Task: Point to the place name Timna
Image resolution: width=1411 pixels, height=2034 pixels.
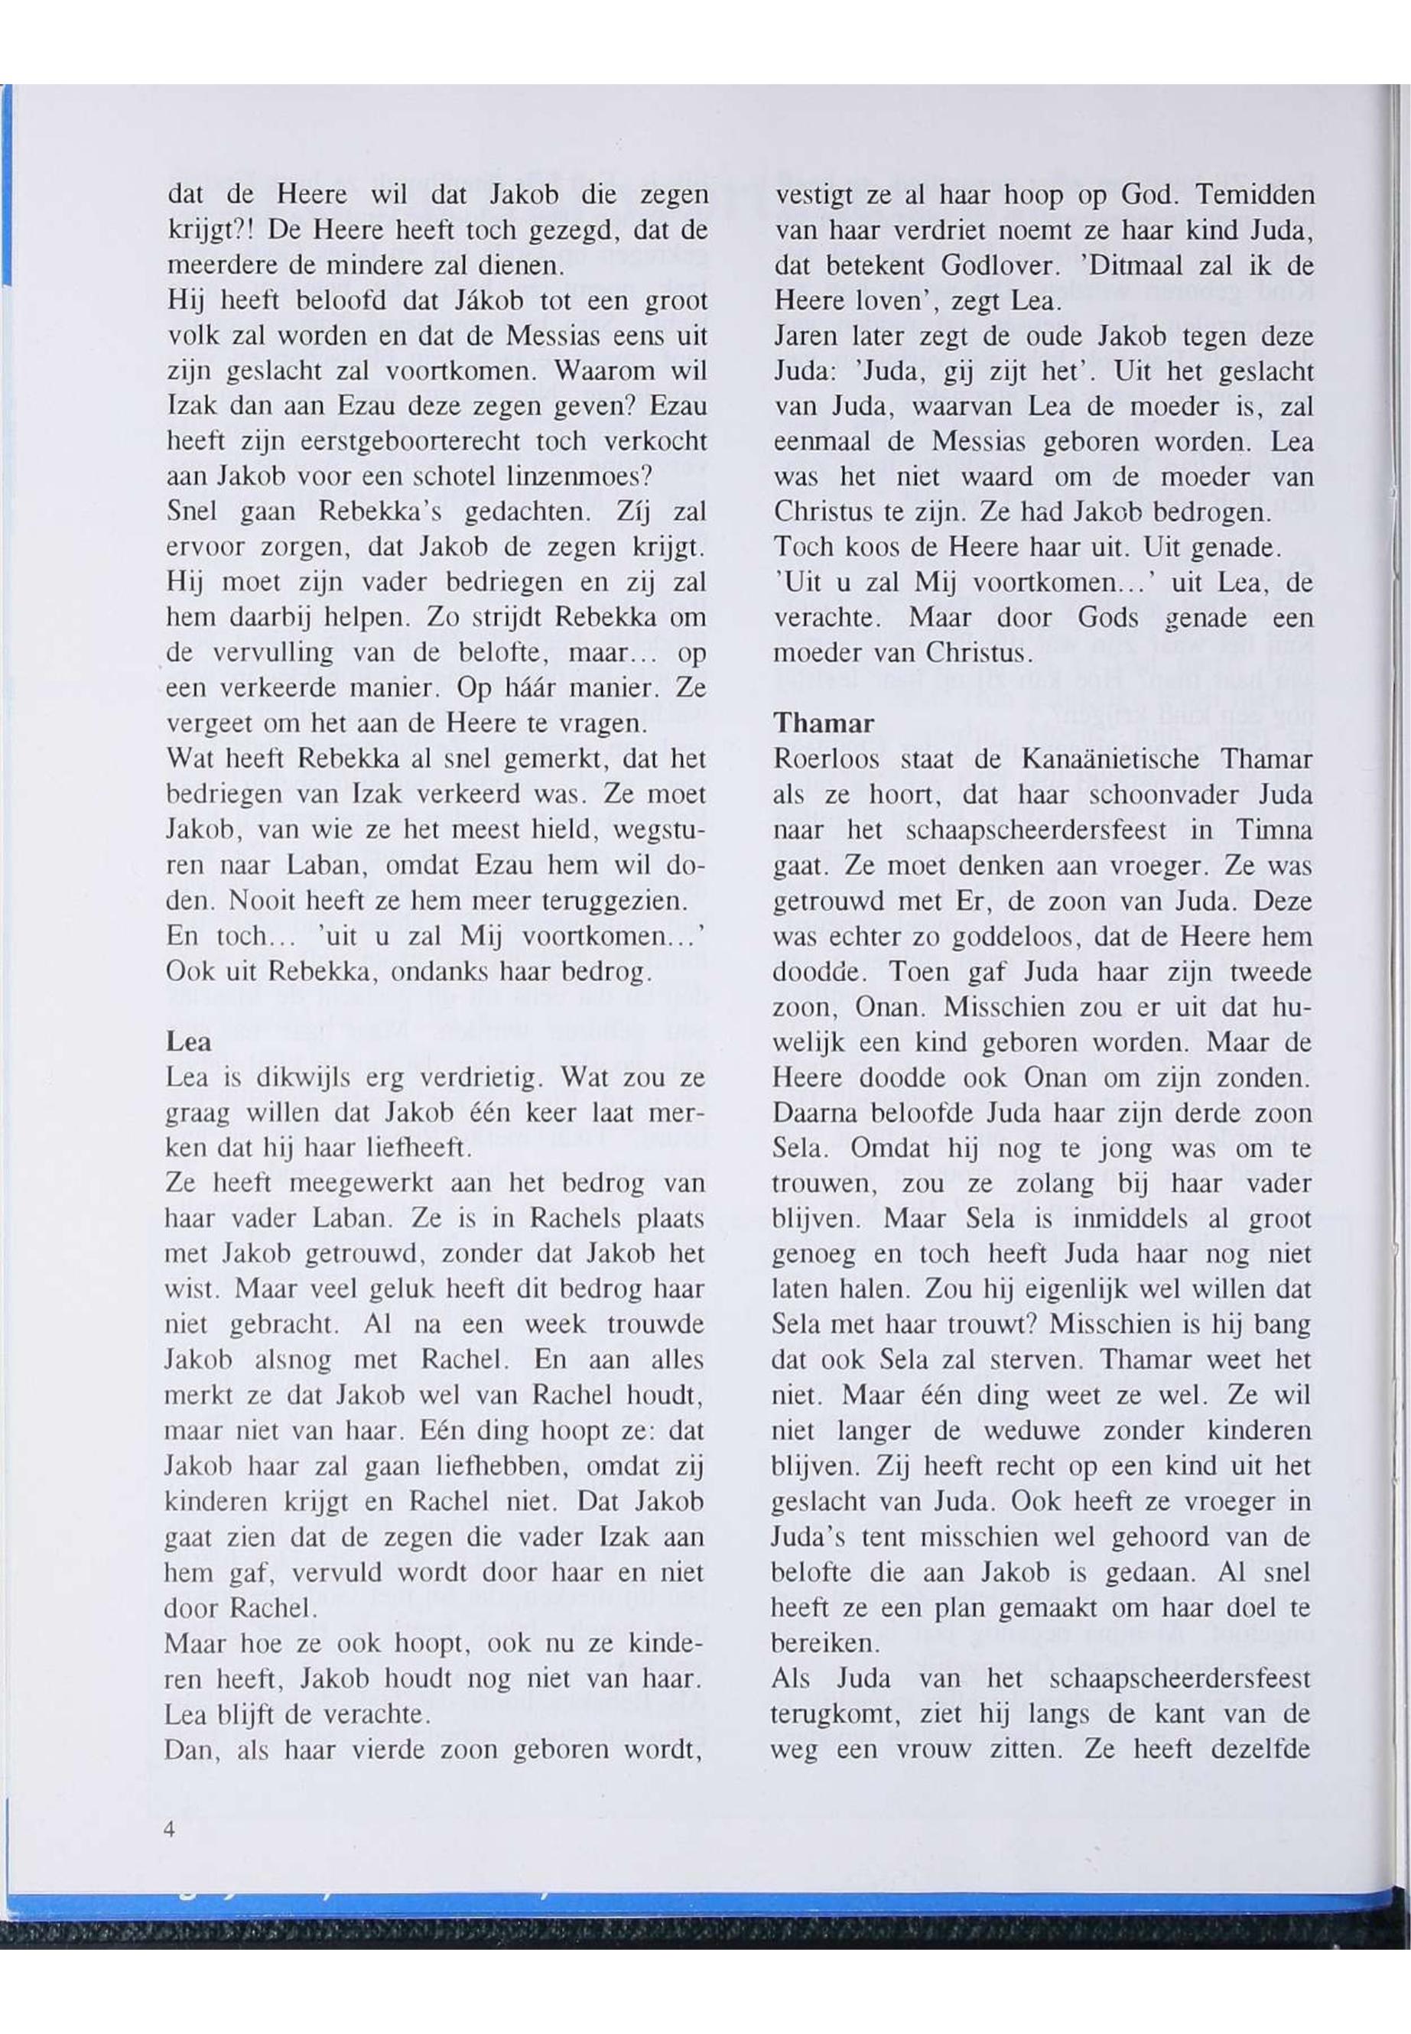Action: coord(1271,830)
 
